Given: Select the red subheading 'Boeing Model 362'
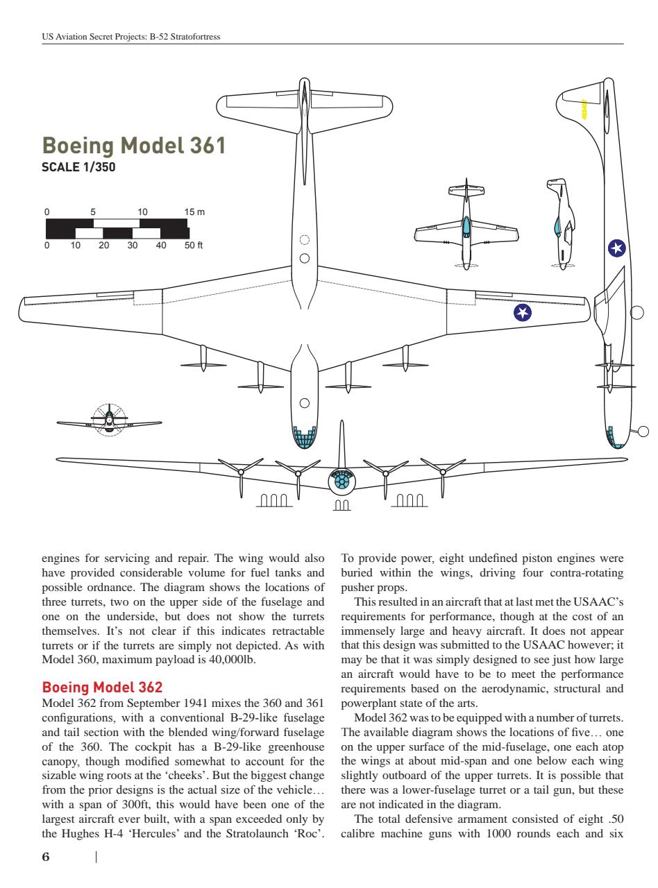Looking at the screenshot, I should [x=103, y=688].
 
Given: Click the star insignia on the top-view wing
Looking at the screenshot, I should [x=522, y=313].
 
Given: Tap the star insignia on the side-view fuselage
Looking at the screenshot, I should [x=616, y=248].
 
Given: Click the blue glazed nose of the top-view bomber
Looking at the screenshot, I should [x=304, y=437].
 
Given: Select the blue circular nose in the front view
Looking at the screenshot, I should [x=341, y=481].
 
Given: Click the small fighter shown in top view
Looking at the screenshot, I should [x=466, y=225].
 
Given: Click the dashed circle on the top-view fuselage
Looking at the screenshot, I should [x=304, y=241].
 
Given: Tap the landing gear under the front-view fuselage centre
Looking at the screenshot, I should [x=341, y=507].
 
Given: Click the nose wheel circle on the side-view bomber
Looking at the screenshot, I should [x=643, y=432].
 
